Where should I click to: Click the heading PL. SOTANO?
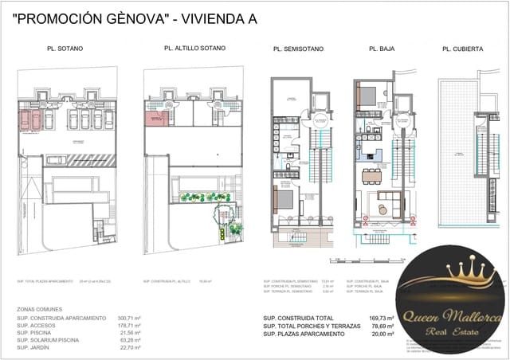65,49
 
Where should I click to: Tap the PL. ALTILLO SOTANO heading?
194,48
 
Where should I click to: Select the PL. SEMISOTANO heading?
298,49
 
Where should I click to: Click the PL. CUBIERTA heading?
462,49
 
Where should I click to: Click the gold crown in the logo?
451,275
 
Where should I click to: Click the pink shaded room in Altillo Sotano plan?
156,119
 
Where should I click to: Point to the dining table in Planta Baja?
371,174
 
